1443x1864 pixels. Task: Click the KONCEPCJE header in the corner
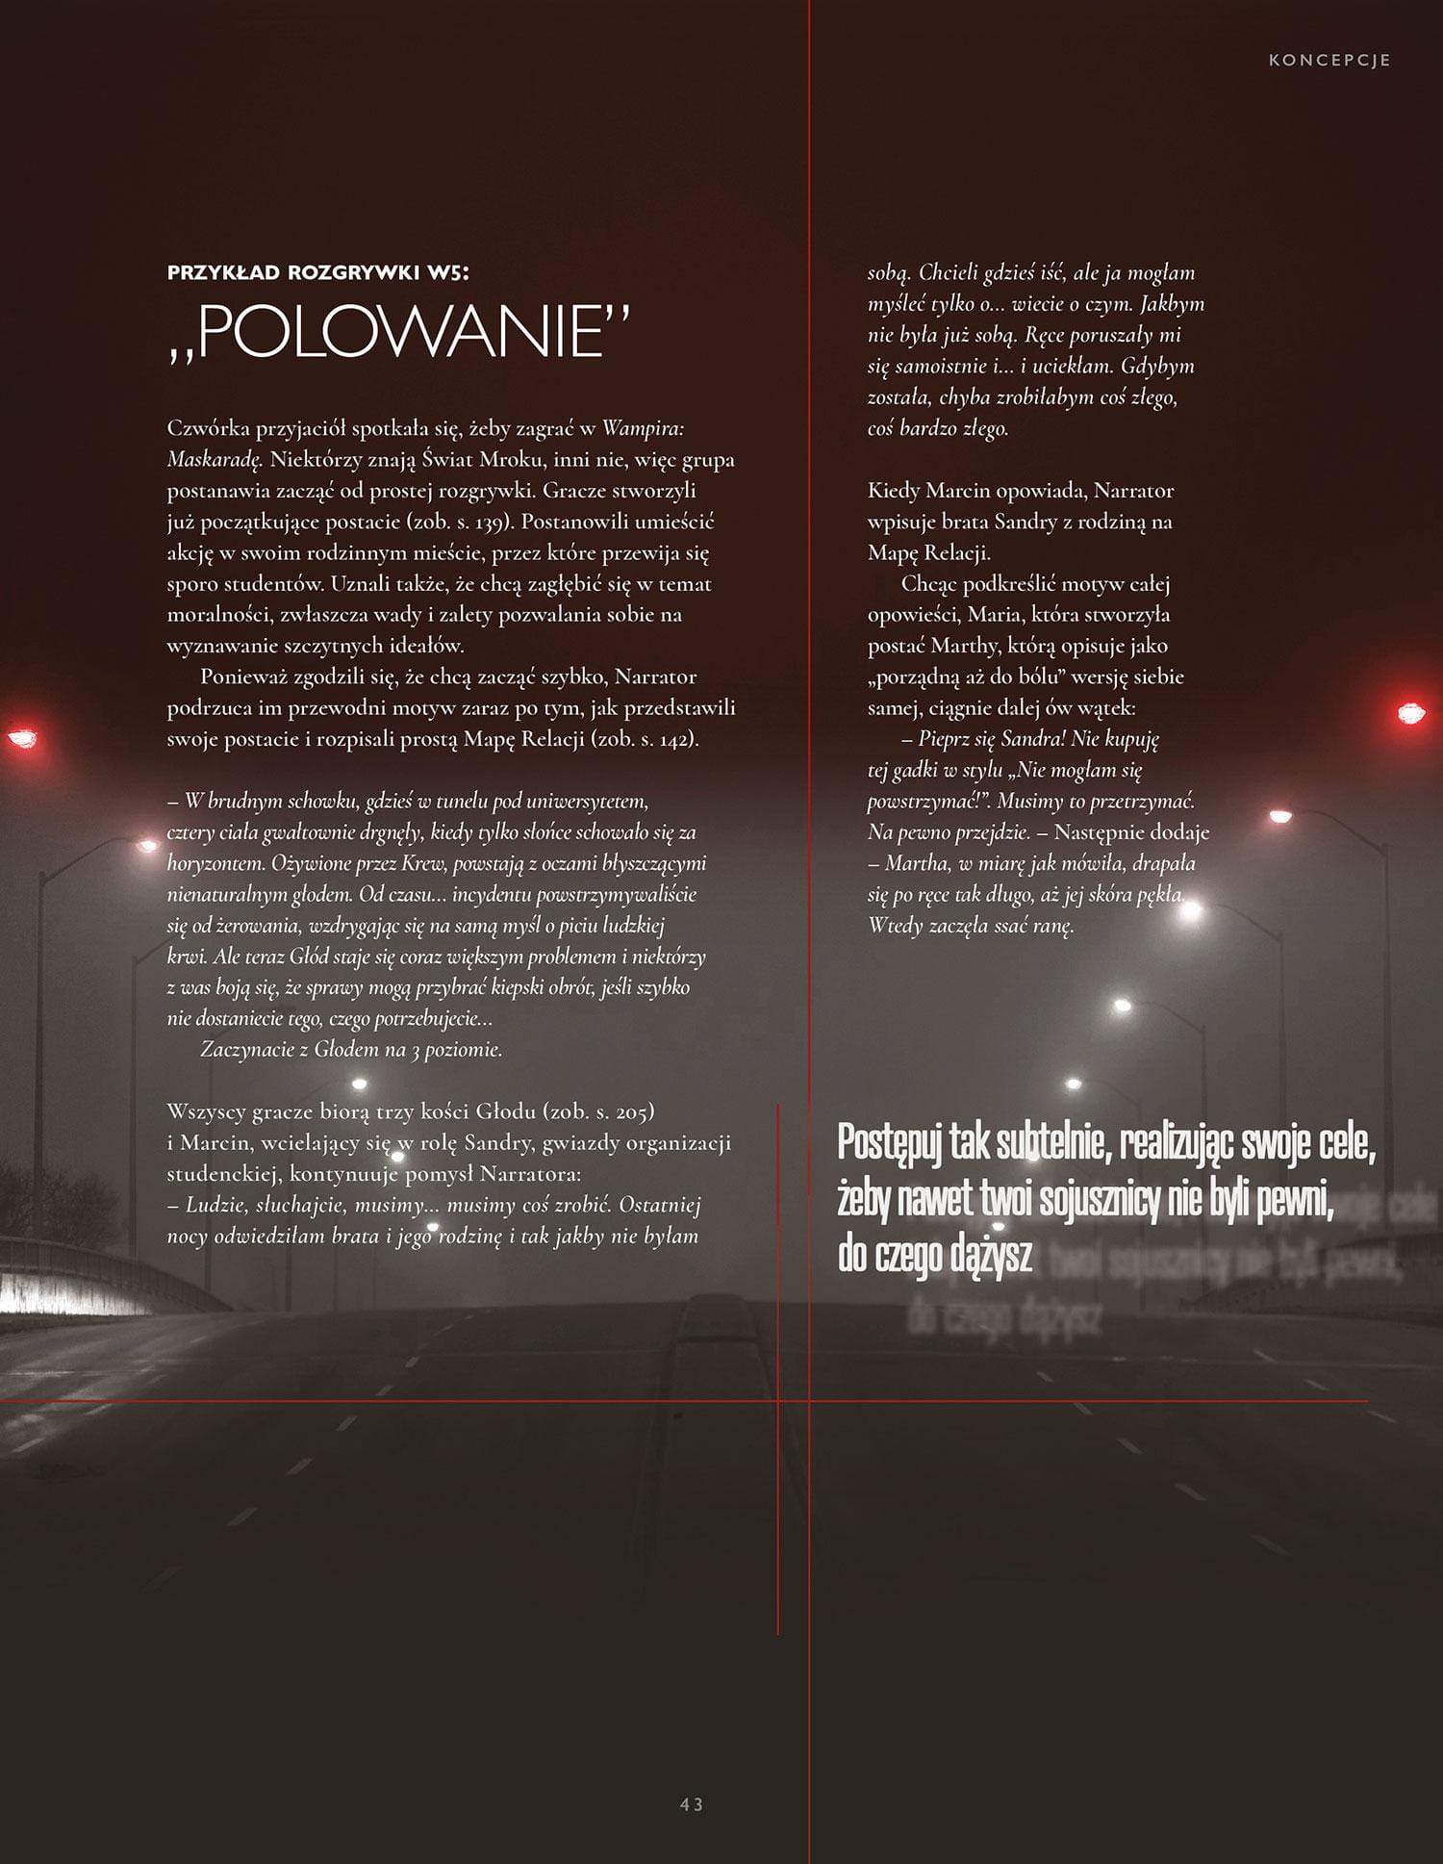[x=1329, y=60]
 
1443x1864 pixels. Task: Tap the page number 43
[x=691, y=1804]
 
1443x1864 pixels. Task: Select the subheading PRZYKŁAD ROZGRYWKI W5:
[x=318, y=272]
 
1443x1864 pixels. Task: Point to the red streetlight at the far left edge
[x=22, y=738]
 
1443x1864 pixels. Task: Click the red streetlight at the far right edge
[x=1411, y=713]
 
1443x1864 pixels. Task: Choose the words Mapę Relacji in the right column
[x=928, y=553]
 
